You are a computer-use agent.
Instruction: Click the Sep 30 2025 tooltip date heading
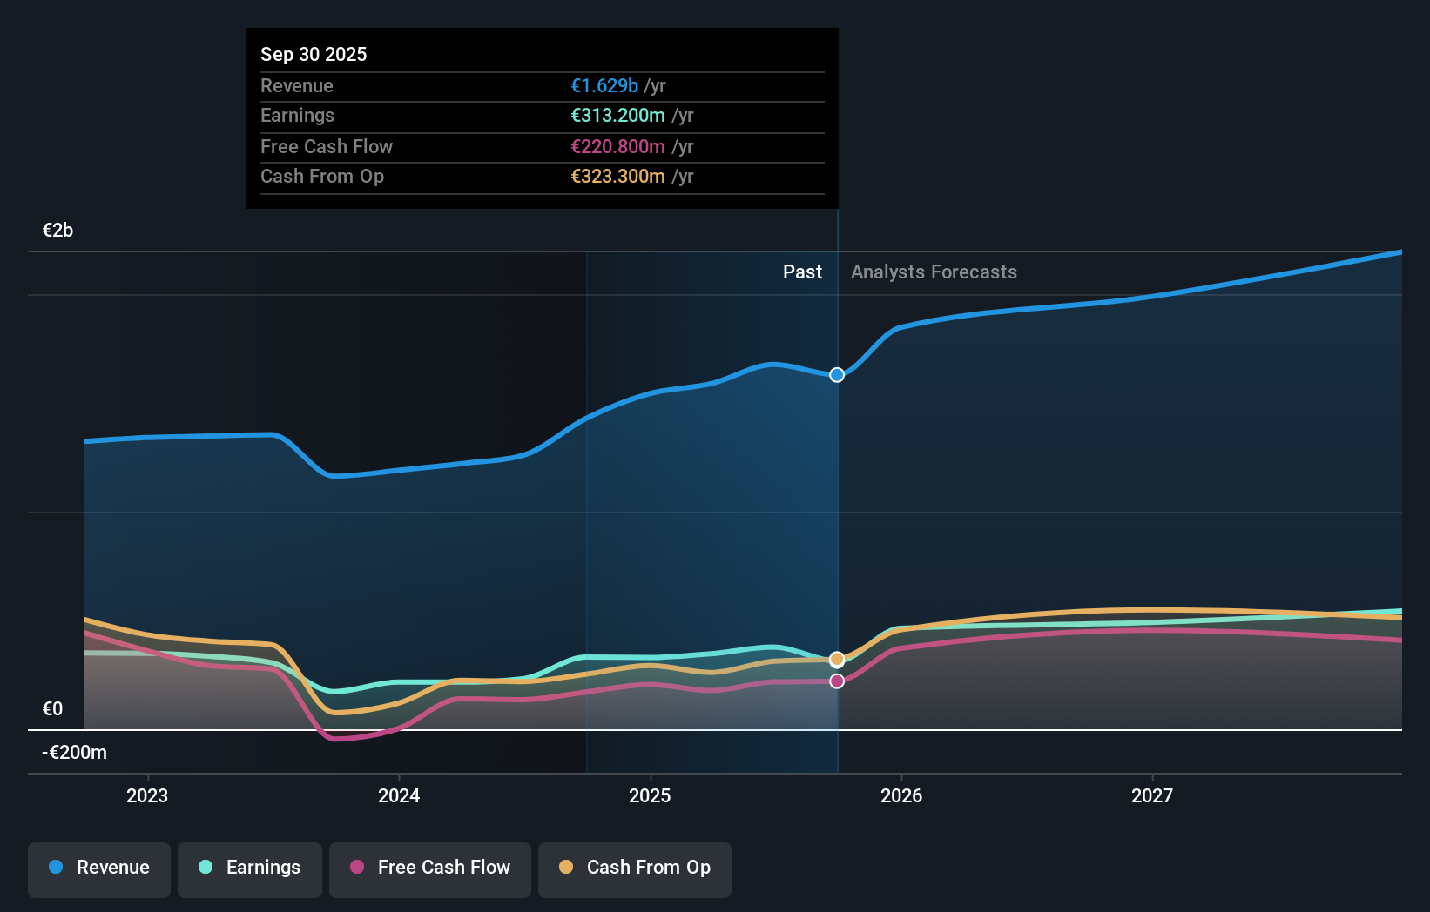pos(314,54)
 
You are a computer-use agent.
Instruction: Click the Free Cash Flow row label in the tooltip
pos(327,146)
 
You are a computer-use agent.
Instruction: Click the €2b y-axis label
pos(58,230)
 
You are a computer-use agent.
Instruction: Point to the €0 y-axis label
pos(53,708)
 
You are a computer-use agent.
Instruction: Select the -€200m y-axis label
pos(75,752)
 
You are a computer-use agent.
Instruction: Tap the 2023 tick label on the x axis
pos(147,795)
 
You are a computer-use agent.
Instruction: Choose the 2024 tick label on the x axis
pos(399,795)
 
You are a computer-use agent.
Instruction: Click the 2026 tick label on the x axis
pos(901,795)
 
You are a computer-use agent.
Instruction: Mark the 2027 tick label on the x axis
pos(1152,795)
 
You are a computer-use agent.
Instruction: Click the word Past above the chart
pos(802,272)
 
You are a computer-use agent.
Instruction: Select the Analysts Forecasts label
pos(934,272)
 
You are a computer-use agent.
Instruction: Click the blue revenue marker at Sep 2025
pos(837,375)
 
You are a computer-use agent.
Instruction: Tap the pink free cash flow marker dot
pos(837,681)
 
